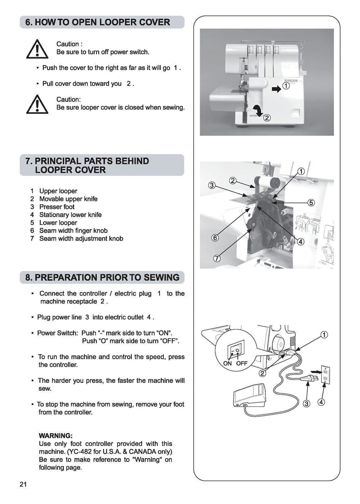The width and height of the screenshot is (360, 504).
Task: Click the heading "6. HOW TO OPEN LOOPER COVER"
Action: [x=98, y=22]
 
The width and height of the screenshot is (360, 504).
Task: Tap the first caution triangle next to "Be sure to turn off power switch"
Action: [x=37, y=49]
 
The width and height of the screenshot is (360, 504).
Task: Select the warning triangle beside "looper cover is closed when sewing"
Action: [x=37, y=104]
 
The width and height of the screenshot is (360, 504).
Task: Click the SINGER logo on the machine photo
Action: [x=291, y=81]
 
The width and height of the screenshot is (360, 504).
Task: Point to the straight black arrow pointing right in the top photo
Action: [x=277, y=90]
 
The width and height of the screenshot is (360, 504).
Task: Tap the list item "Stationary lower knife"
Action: [x=70, y=215]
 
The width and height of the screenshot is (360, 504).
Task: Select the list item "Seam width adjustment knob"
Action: [x=81, y=238]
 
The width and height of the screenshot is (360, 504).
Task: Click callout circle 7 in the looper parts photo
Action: [x=217, y=259]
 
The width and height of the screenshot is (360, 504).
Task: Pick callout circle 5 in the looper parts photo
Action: [x=311, y=203]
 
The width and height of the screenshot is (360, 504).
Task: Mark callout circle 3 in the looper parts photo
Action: [x=212, y=185]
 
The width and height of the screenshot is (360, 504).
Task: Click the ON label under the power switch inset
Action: [x=227, y=363]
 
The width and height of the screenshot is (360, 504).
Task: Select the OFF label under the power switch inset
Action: [x=242, y=363]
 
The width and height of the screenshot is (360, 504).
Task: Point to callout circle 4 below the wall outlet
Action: [x=321, y=402]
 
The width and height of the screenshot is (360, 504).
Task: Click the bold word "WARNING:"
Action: [x=56, y=436]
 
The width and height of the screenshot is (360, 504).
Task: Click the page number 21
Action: [x=23, y=485]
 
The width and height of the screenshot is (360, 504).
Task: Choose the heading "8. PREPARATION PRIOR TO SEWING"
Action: [x=102, y=277]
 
